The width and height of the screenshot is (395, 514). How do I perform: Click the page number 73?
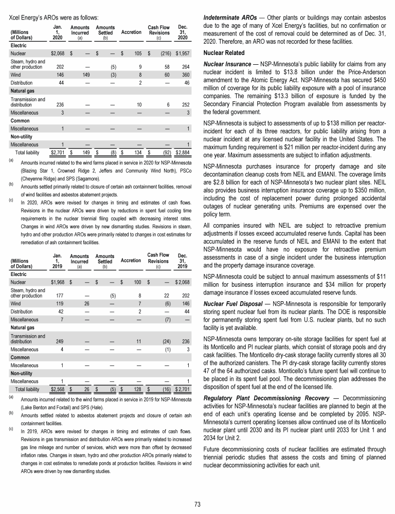pyautogui.click(x=197, y=503)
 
